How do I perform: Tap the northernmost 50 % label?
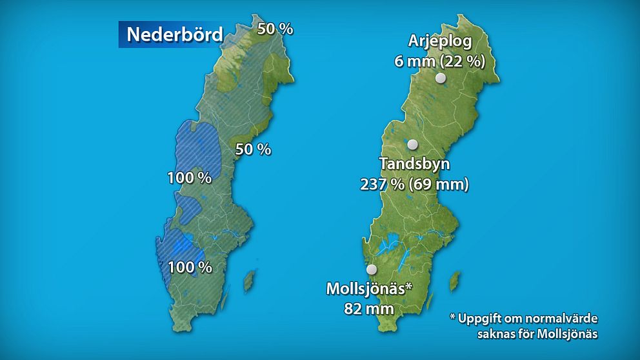[275, 28]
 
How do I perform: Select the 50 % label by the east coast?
[253, 149]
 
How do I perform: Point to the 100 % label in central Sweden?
[189, 178]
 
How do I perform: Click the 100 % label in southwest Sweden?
[190, 266]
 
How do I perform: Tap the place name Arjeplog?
[440, 42]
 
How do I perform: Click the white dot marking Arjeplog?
[441, 78]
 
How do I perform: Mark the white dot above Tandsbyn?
[413, 145]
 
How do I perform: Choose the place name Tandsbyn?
[414, 163]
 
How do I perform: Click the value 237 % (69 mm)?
[414, 184]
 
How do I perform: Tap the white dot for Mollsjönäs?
[371, 270]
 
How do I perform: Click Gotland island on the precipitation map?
[248, 281]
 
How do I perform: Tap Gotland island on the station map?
[455, 280]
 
